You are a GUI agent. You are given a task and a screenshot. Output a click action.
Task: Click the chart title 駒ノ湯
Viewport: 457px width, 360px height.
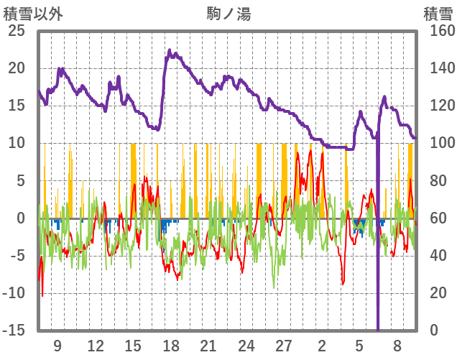[x=229, y=13]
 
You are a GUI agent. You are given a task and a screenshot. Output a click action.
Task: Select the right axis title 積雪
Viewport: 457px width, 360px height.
[x=437, y=13]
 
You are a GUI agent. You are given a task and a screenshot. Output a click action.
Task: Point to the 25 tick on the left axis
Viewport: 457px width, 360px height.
[x=16, y=31]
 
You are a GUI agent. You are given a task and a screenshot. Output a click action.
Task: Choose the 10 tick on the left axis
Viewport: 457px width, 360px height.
[x=16, y=143]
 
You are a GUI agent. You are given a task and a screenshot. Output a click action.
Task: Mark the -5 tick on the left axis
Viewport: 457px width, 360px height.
[x=16, y=255]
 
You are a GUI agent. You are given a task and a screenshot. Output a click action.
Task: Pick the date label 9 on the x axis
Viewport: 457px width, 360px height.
[x=57, y=345]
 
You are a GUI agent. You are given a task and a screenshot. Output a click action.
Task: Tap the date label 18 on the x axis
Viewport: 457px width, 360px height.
[x=171, y=345]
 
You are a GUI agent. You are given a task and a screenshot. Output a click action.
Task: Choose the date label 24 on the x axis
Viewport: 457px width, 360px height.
[x=246, y=345]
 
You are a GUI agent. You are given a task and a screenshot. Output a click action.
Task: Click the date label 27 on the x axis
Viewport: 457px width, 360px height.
[x=285, y=345]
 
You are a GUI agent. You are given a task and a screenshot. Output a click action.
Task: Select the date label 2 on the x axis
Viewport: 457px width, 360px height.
[x=322, y=345]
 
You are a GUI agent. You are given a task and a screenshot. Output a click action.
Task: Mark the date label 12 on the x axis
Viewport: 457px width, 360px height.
[x=96, y=345]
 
